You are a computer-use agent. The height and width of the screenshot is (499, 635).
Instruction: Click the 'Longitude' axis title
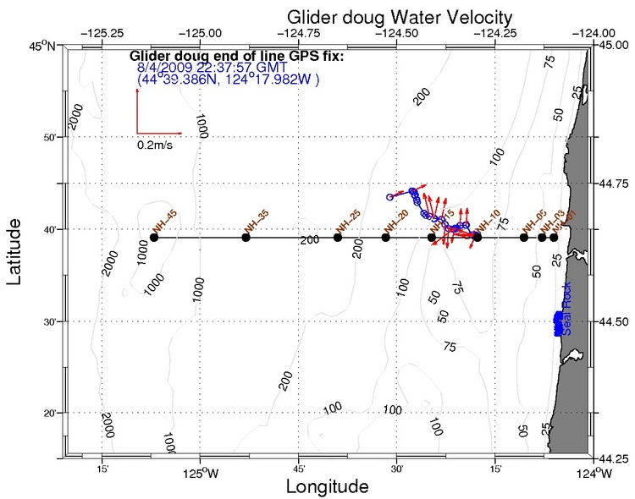[x=327, y=486]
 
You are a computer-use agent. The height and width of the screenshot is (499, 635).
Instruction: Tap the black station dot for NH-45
[x=154, y=238]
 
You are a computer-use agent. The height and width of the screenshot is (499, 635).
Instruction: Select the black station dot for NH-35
[x=246, y=238]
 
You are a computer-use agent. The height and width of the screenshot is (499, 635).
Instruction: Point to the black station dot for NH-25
[x=338, y=238]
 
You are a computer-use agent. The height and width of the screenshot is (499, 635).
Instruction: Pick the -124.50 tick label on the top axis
[x=395, y=33]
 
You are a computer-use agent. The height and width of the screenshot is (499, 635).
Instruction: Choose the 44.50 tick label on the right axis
[x=612, y=321]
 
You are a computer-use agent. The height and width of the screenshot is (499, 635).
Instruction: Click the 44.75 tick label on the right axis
[x=612, y=183]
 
